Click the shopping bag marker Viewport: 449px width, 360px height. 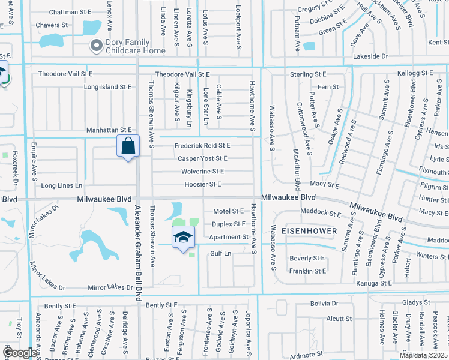[128, 146]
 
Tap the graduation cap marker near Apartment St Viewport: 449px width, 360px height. [184, 237]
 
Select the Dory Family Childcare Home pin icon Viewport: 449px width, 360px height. [95, 46]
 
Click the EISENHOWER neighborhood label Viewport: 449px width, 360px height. [309, 230]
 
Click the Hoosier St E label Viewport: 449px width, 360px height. [204, 184]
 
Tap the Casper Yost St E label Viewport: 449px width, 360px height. [202, 158]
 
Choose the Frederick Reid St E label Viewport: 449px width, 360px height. [202, 146]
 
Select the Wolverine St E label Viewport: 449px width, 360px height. [202, 171]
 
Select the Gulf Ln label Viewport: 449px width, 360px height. [220, 254]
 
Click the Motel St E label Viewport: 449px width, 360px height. [229, 211]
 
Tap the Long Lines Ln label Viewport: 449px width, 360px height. [61, 185]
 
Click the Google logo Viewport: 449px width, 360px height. [20, 353]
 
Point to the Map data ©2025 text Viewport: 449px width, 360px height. [423, 355]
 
